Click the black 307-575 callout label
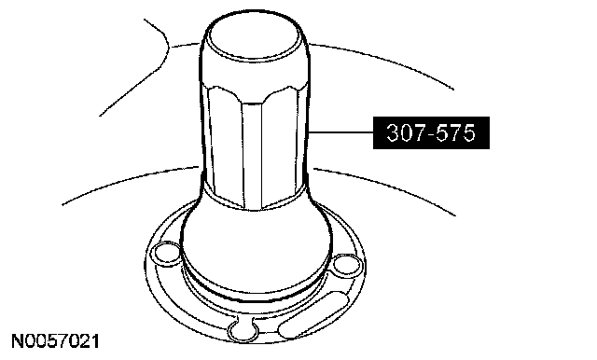click(x=431, y=132)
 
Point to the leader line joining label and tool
click(x=340, y=132)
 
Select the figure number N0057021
click(x=56, y=341)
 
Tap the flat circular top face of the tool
click(x=253, y=38)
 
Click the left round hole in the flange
click(x=166, y=253)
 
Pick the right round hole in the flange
click(x=346, y=265)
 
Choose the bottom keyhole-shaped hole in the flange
click(x=242, y=328)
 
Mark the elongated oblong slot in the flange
click(x=313, y=315)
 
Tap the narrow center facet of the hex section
click(x=252, y=152)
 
